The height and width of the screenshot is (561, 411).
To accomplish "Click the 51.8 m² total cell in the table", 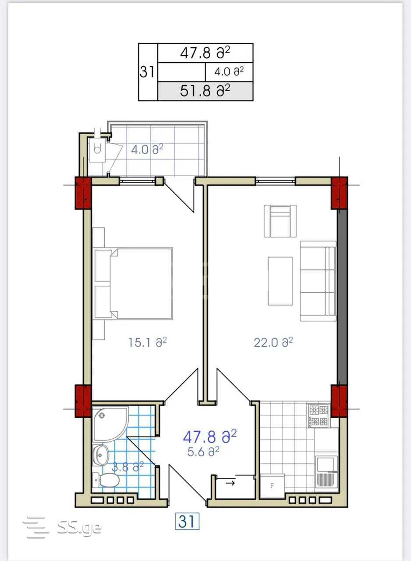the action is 205,91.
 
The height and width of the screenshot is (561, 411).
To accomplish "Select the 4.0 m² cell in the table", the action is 229,72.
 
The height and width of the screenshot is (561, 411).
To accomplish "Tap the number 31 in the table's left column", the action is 147,72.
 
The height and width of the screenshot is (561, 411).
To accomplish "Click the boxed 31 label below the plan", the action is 187,522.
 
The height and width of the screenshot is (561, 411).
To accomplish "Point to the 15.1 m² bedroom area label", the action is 147,342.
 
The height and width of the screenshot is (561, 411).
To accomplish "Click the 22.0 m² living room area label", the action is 273,342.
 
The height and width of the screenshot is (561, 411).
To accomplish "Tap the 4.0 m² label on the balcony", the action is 147,149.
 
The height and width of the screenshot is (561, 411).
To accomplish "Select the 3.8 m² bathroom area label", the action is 128,467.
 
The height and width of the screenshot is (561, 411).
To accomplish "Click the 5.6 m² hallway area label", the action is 203,451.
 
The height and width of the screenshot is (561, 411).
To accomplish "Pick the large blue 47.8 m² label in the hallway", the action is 210,437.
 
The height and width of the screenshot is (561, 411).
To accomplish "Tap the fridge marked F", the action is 273,486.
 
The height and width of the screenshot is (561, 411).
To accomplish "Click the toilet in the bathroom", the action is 106,480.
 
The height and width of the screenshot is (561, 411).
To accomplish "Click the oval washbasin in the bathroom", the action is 101,455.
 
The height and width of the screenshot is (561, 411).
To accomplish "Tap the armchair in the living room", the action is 280,221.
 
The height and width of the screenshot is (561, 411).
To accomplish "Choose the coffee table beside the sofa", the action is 280,281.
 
